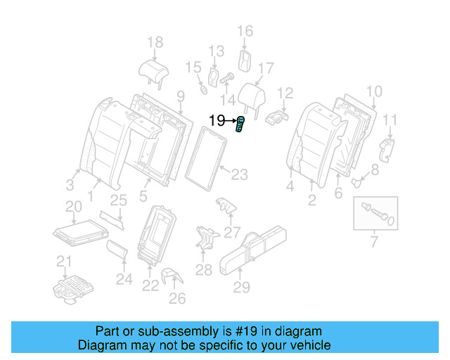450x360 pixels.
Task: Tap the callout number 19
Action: [x=217, y=121]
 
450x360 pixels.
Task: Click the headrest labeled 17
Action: [x=252, y=96]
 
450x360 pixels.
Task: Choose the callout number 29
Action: [x=241, y=287]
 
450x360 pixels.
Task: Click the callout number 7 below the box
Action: [x=374, y=243]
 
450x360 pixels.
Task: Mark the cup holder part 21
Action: [x=73, y=288]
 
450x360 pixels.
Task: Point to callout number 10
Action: [x=374, y=91]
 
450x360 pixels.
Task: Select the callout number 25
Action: [x=118, y=200]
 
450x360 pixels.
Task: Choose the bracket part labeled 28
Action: [x=205, y=237]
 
